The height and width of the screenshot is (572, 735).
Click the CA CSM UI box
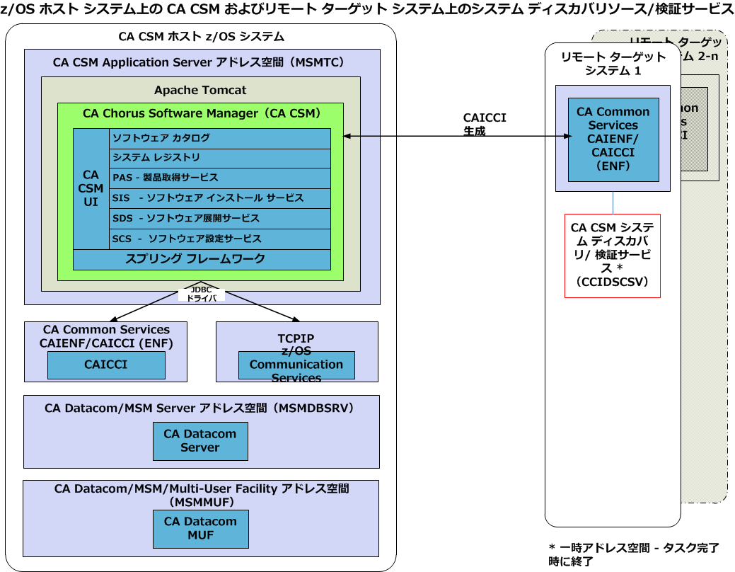91,188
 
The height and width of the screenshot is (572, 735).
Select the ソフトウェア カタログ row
219,138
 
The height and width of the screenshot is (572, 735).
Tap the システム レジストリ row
219,158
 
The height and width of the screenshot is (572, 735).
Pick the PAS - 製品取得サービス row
219,178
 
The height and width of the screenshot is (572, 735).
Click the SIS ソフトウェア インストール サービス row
219,198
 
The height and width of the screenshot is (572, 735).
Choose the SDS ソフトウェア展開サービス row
219,218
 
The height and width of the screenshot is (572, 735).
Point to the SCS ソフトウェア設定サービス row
219,239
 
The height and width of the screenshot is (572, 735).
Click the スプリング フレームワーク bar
202,259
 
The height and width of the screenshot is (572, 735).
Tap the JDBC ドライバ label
202,294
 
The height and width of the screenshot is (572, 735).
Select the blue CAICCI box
106,365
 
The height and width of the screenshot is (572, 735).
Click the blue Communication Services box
296,365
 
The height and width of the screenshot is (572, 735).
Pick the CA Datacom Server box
200,441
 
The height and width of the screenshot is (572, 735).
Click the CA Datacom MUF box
200,528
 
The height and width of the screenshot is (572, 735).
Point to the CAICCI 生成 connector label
485,125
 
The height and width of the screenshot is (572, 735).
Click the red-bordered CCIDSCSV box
613,256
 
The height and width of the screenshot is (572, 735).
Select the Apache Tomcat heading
200,91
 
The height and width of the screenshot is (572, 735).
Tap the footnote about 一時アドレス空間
633,554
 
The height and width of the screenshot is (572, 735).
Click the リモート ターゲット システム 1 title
613,64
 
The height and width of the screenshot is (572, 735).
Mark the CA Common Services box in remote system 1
613,139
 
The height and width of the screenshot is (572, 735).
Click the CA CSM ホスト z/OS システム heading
201,37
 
